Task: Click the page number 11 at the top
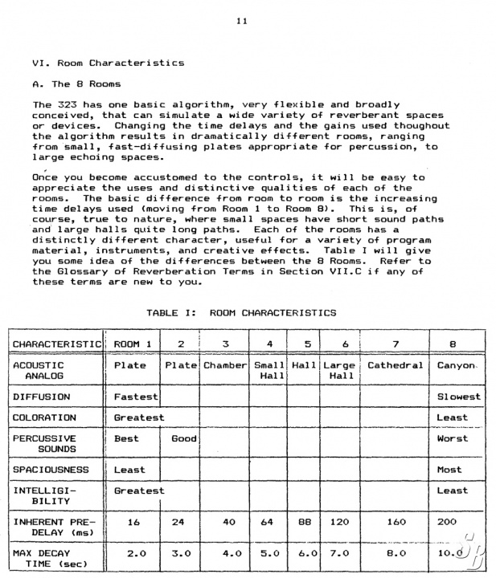[x=242, y=22]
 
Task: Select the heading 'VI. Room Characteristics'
[x=108, y=63]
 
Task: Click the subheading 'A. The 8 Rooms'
[x=77, y=83]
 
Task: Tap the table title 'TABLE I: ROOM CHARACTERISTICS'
[x=241, y=312]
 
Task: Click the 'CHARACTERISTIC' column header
[x=56, y=344]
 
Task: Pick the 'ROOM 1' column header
[x=133, y=344]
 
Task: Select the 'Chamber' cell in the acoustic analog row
[x=224, y=365]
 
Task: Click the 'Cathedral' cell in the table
[x=395, y=365]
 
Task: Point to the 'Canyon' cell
[x=457, y=365]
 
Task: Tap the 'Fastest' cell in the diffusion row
[x=136, y=397]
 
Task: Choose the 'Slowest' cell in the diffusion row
[x=459, y=397]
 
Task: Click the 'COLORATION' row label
[x=44, y=417]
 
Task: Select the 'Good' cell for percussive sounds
[x=183, y=438]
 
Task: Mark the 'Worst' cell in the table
[x=453, y=438]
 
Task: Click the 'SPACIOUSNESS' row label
[x=50, y=470]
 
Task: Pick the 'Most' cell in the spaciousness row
[x=449, y=470]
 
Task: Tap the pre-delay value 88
[x=304, y=522]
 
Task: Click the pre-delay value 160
[x=396, y=522]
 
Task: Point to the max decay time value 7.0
[x=339, y=553]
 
